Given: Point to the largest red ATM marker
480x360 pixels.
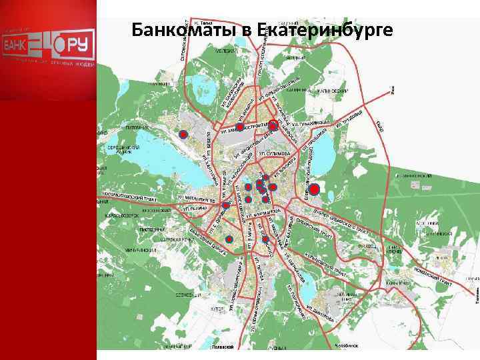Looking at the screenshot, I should pos(315,189).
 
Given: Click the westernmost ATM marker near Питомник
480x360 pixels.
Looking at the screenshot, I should pos(183,134).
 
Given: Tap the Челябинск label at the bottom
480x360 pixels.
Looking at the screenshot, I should pos(346,347).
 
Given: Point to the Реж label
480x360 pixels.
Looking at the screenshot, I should pos(393,87).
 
